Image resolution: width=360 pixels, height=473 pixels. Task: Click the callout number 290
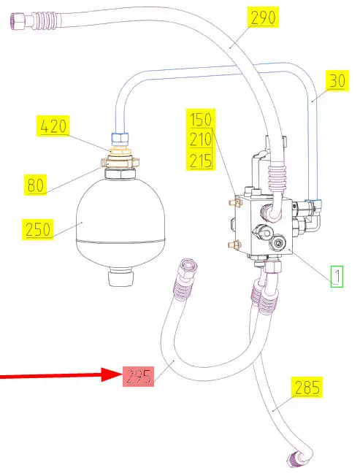pos(263,18)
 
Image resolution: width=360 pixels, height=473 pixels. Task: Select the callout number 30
pos(337,80)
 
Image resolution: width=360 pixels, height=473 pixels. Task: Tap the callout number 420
pos(53,126)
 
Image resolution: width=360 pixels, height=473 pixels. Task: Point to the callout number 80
pos(35,185)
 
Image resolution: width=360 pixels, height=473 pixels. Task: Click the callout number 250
pos(37,229)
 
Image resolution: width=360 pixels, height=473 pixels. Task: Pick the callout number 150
pos(201,119)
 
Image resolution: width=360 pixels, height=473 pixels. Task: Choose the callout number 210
pos(201,139)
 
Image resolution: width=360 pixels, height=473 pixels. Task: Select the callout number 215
pos(201,160)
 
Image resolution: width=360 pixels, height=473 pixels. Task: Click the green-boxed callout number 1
pos(337,276)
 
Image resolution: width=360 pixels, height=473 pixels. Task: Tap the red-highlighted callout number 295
pos(139,377)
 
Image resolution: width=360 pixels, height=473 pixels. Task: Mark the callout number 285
pos(307,387)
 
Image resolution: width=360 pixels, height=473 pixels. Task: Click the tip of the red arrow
pos(122,374)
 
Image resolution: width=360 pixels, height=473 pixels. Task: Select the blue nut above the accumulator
pos(120,139)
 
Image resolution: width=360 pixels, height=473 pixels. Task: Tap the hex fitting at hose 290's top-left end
pos(18,20)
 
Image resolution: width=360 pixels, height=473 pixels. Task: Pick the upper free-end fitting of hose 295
pos(186,269)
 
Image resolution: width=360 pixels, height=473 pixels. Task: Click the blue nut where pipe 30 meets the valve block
pos(313,200)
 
